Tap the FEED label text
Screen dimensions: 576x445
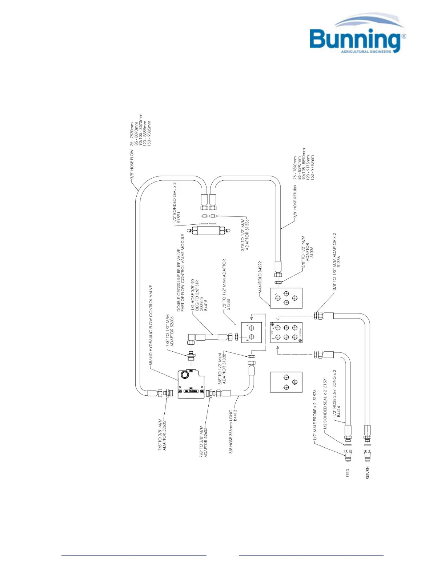[348, 473]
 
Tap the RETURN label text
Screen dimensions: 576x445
[367, 473]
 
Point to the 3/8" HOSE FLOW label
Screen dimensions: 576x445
[132, 164]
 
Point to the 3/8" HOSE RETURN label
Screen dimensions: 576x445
[295, 201]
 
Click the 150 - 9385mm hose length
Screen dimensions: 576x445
[149, 133]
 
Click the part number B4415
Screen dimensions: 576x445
[206, 305]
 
